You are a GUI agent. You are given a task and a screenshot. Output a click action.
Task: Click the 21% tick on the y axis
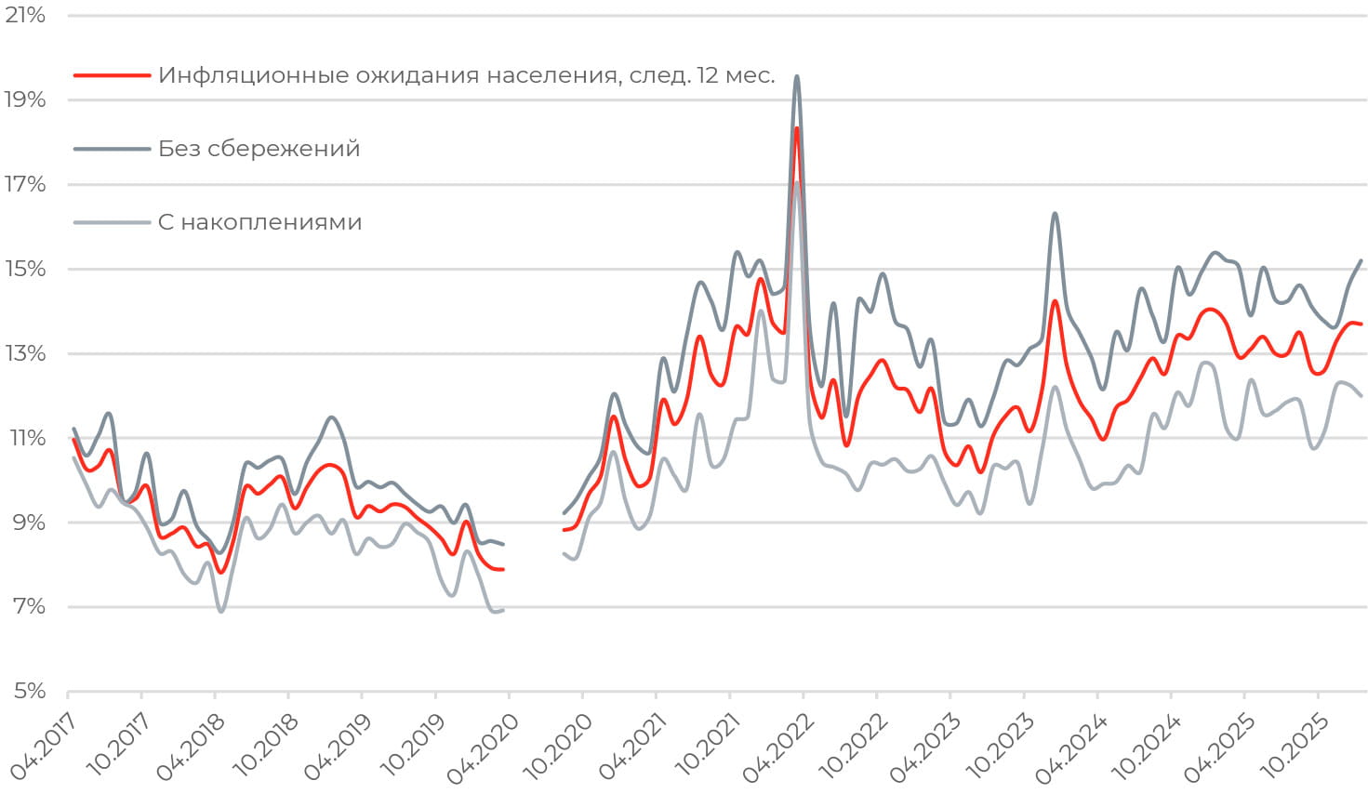pyautogui.click(x=25, y=16)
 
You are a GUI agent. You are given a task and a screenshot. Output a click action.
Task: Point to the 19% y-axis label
pyautogui.click(x=25, y=100)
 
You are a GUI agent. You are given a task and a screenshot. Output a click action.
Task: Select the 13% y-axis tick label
pyautogui.click(x=25, y=354)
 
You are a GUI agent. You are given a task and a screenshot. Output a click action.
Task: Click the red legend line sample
pyautogui.click(x=112, y=75)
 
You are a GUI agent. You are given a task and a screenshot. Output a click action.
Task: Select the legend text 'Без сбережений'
pyautogui.click(x=259, y=149)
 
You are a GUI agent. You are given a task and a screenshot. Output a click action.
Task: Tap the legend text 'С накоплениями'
pyautogui.click(x=259, y=222)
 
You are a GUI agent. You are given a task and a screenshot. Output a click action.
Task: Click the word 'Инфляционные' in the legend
pyautogui.click(x=246, y=75)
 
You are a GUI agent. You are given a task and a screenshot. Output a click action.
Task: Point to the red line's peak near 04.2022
pyautogui.click(x=797, y=128)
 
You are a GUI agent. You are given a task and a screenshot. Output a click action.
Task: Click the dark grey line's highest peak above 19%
pyautogui.click(x=797, y=76)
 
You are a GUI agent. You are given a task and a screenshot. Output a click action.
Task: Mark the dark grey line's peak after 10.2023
pyautogui.click(x=1055, y=214)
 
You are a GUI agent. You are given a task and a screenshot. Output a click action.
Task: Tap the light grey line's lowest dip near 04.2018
pyautogui.click(x=220, y=611)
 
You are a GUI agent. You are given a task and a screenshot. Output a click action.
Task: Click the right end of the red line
pyautogui.click(x=1361, y=324)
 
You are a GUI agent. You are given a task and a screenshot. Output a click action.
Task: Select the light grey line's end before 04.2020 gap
pyautogui.click(x=503, y=610)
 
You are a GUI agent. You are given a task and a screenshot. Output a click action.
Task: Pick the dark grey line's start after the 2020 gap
pyautogui.click(x=564, y=513)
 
